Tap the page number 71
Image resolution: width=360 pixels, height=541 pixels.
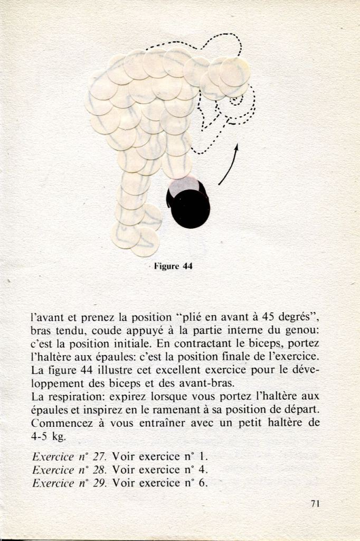(x=316, y=503)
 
